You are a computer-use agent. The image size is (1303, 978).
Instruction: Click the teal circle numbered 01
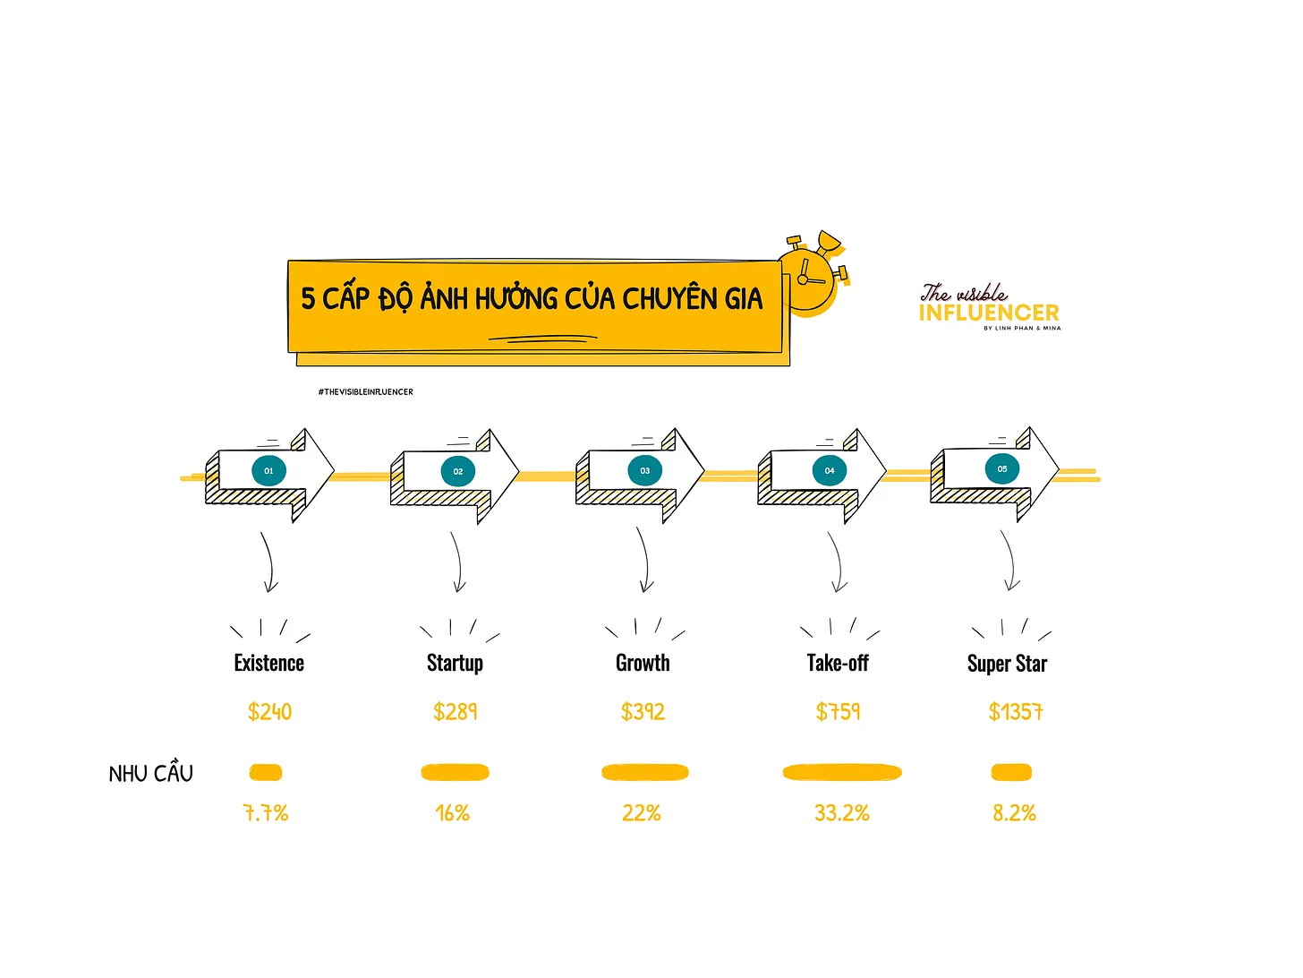tap(268, 470)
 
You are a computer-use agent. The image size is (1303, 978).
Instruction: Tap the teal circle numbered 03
tap(644, 470)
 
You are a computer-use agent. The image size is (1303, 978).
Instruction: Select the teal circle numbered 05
tap(1001, 468)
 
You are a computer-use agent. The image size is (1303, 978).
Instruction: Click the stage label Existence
tap(268, 662)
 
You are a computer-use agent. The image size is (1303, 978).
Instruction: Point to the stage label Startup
tap(455, 664)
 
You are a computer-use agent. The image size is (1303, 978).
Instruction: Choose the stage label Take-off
tap(837, 662)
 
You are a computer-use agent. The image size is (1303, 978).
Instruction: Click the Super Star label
tap(1007, 664)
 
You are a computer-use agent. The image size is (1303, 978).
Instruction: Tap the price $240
tap(269, 711)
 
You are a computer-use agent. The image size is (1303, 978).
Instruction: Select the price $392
tap(643, 711)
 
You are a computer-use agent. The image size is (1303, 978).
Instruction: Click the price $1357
tap(1015, 711)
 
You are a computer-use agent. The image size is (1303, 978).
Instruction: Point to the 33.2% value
tap(841, 812)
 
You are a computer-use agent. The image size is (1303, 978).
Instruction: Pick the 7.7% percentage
tap(266, 812)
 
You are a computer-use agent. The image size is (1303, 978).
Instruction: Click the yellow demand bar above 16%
tap(455, 772)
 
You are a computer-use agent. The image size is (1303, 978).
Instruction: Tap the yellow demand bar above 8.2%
tap(1011, 772)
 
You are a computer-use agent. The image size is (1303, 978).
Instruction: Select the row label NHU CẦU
tap(150, 772)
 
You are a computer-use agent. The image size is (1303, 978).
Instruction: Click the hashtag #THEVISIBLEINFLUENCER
tap(365, 392)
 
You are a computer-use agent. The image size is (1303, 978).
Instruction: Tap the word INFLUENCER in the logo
tap(988, 313)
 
